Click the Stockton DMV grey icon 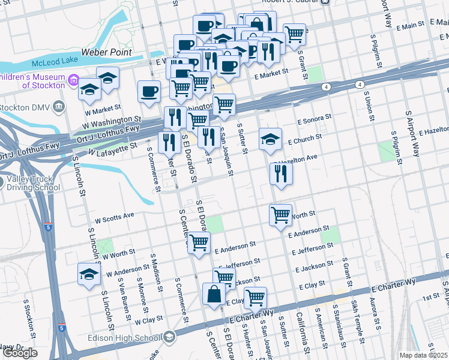(x=59, y=107)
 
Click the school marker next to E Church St (x=271, y=140)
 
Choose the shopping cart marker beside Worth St (x=281, y=215)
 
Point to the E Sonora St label (x=312, y=120)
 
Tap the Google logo (x=20, y=353)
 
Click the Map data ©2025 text (x=423, y=355)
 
